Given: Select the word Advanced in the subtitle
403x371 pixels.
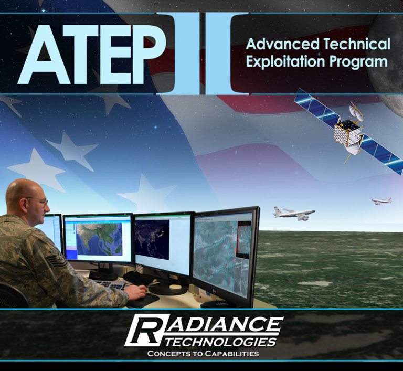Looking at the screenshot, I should click(277, 43).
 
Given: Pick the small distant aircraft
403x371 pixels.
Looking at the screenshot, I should click(381, 200).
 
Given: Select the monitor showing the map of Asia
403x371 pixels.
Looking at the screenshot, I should click(99, 239).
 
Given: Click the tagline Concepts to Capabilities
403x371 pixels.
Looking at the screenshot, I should click(203, 354).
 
